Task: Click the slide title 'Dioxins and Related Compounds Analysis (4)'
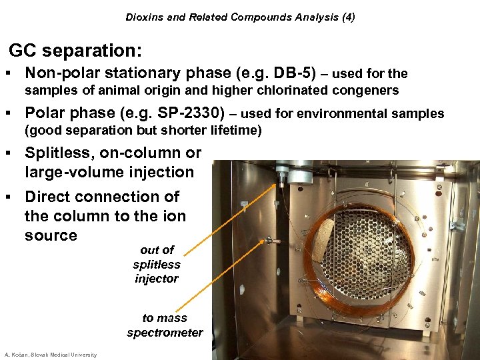240,17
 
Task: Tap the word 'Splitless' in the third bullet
58,153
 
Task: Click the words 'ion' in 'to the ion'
173,216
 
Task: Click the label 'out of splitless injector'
157,264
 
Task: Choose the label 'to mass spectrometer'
165,325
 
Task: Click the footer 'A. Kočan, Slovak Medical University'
51,355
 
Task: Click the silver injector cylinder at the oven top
299,176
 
